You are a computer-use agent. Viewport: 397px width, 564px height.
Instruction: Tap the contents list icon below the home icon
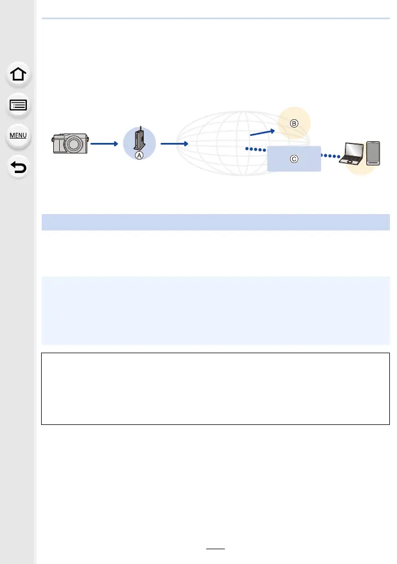click(19, 106)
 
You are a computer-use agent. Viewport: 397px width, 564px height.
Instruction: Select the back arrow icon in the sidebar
click(19, 166)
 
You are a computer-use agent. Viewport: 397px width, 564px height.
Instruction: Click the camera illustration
click(70, 143)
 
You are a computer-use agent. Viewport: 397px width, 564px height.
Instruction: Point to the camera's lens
click(73, 146)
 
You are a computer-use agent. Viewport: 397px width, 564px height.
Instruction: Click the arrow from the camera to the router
click(104, 144)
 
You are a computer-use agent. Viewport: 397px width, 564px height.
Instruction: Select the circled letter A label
click(139, 156)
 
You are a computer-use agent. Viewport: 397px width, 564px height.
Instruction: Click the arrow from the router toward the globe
click(175, 144)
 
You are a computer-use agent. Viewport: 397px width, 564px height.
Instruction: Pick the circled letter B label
click(294, 123)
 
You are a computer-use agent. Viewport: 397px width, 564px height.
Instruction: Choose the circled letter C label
click(294, 159)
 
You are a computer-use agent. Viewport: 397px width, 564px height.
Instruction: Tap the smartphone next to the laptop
click(373, 152)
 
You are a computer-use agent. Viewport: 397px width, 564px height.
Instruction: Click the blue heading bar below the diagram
click(215, 222)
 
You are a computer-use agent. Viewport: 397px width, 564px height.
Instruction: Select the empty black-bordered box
click(215, 389)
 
